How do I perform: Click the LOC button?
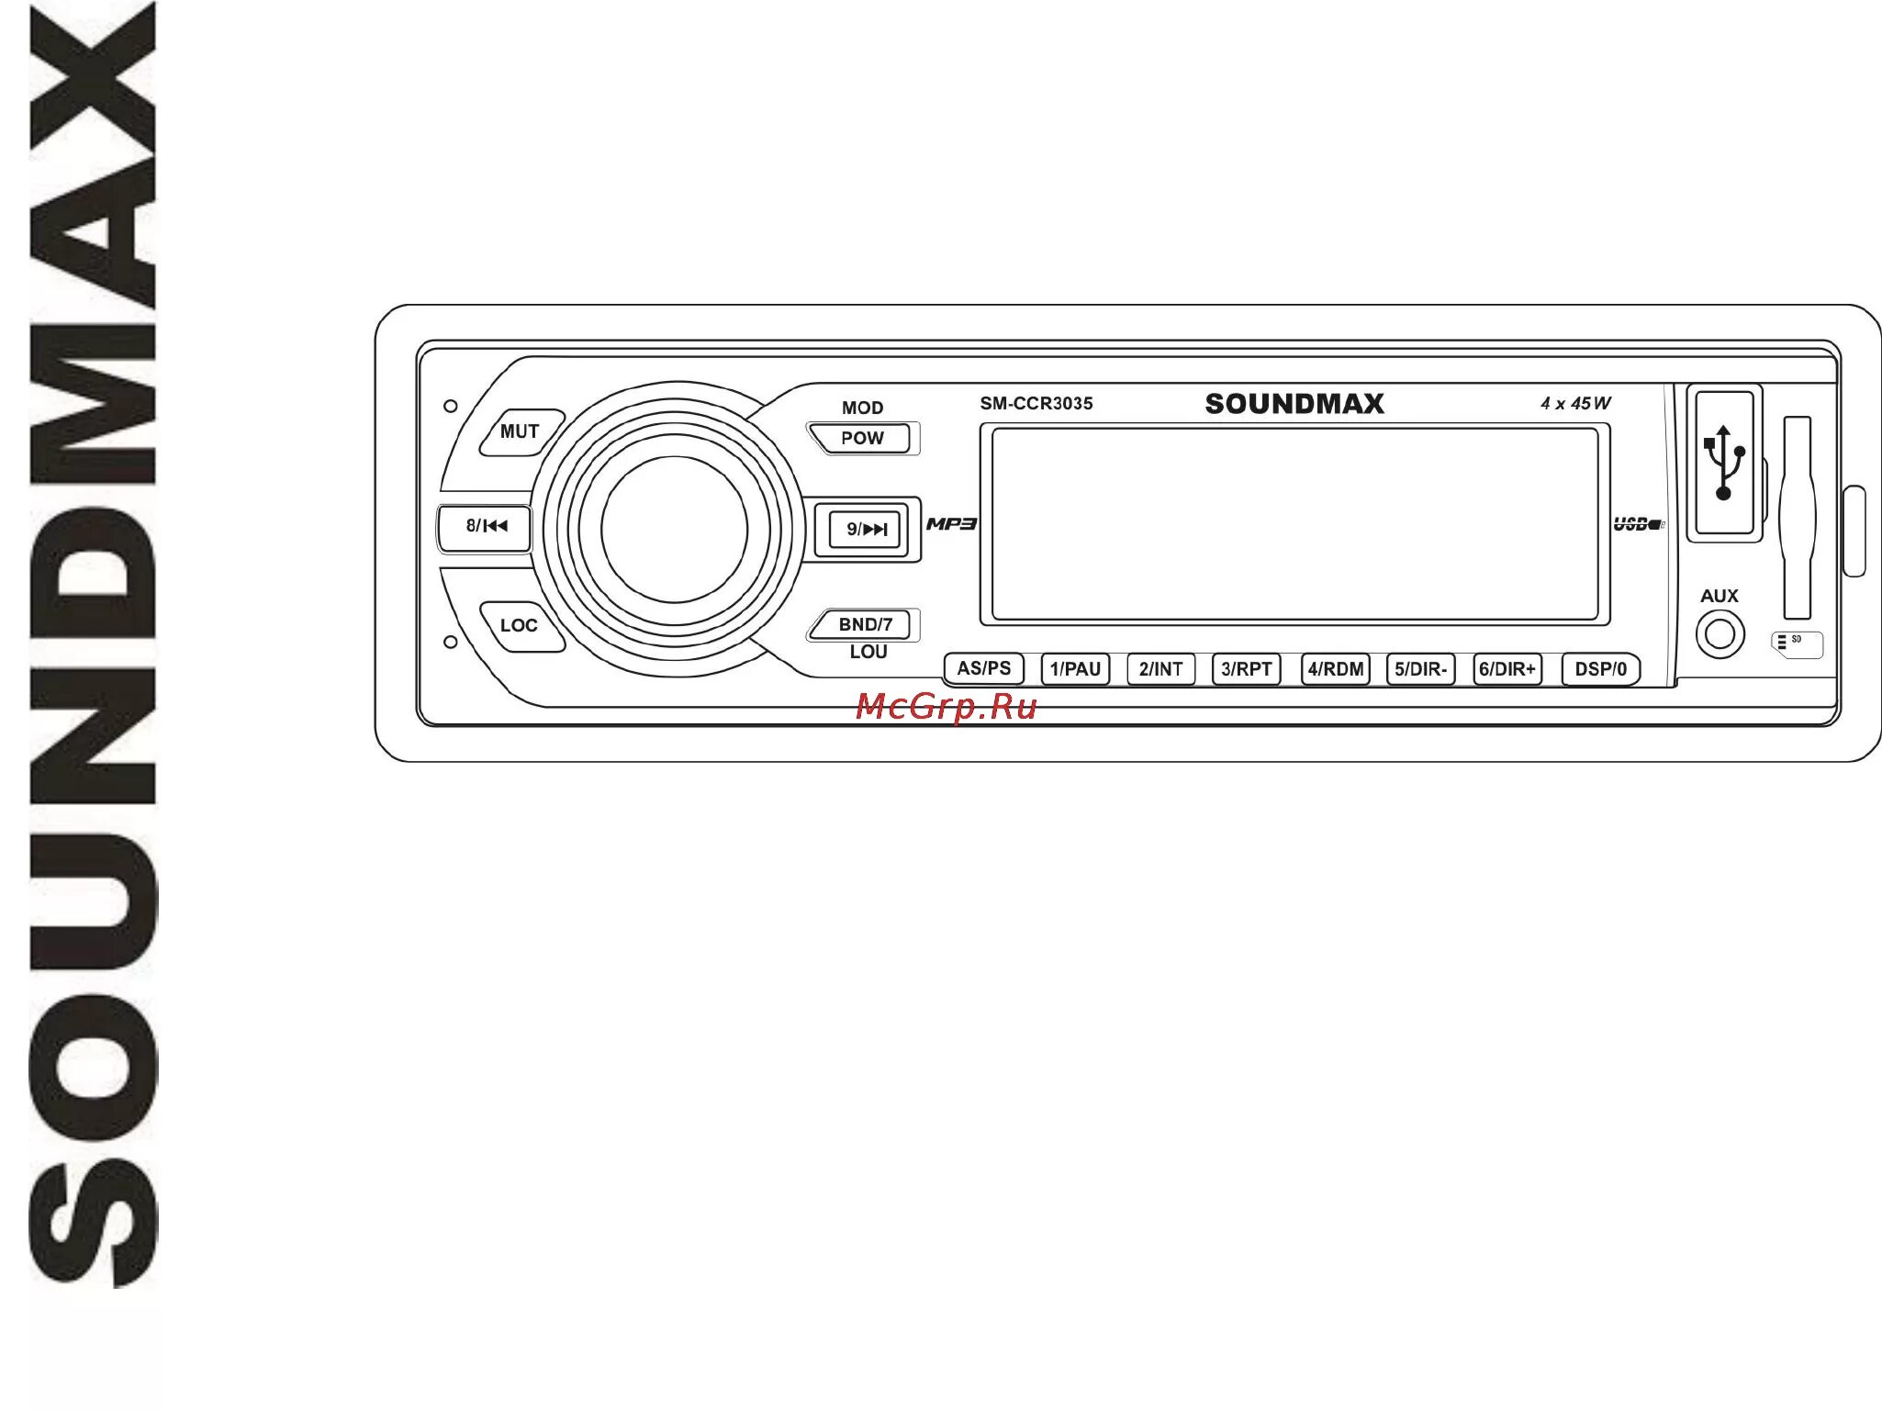tap(520, 626)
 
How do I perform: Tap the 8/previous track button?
tap(486, 527)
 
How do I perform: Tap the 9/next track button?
tap(866, 530)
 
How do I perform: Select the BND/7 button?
tap(864, 625)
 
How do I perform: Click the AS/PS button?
tap(983, 669)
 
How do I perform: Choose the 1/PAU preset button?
tap(1075, 670)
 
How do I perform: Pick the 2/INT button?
tap(1160, 670)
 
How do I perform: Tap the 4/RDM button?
tap(1335, 670)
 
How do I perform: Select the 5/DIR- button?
tap(1420, 670)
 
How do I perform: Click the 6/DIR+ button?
tap(1507, 670)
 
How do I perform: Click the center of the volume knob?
tap(675, 530)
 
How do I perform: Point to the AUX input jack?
tap(1720, 634)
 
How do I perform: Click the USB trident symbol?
tap(1724, 462)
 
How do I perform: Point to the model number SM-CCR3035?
tap(1036, 404)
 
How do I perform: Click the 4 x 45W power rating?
tap(1575, 404)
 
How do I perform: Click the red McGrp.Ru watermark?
tap(946, 707)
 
